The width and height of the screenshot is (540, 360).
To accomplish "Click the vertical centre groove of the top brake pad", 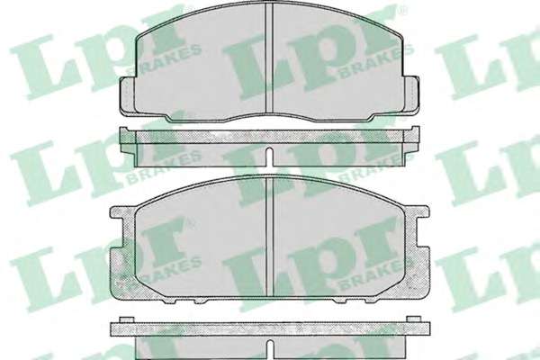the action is pyautogui.click(x=270, y=58).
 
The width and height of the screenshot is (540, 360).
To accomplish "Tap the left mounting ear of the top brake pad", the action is pyautogui.click(x=127, y=95).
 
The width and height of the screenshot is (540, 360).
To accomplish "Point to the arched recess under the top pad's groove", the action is pyautogui.click(x=270, y=117).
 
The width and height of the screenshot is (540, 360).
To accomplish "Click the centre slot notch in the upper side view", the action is pyautogui.click(x=270, y=157).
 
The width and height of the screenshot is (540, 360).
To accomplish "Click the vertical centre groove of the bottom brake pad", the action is pyautogui.click(x=270, y=237).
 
